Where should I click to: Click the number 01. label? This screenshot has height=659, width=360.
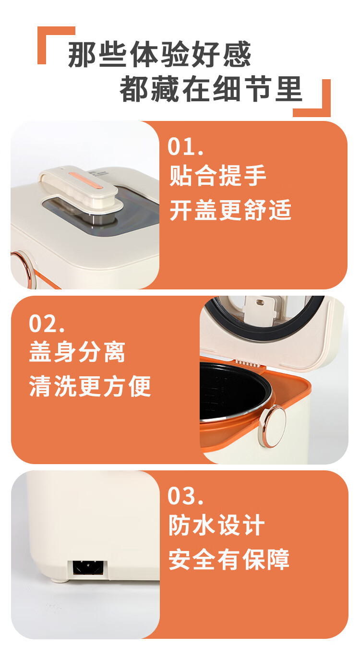coord(186,146)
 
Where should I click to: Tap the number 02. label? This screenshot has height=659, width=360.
coord(47,324)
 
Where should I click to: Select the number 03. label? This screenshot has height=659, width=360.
coord(186,496)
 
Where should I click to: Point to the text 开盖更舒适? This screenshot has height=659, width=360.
coord(230,209)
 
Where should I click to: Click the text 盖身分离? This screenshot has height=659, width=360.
coord(77,352)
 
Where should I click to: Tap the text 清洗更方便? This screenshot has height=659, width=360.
coord(90,386)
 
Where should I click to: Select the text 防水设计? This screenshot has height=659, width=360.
coord(216,525)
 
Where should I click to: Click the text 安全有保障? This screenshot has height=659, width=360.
coord(229,559)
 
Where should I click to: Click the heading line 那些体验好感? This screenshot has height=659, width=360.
coord(159,54)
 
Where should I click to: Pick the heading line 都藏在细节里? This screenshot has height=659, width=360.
coord(211,88)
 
